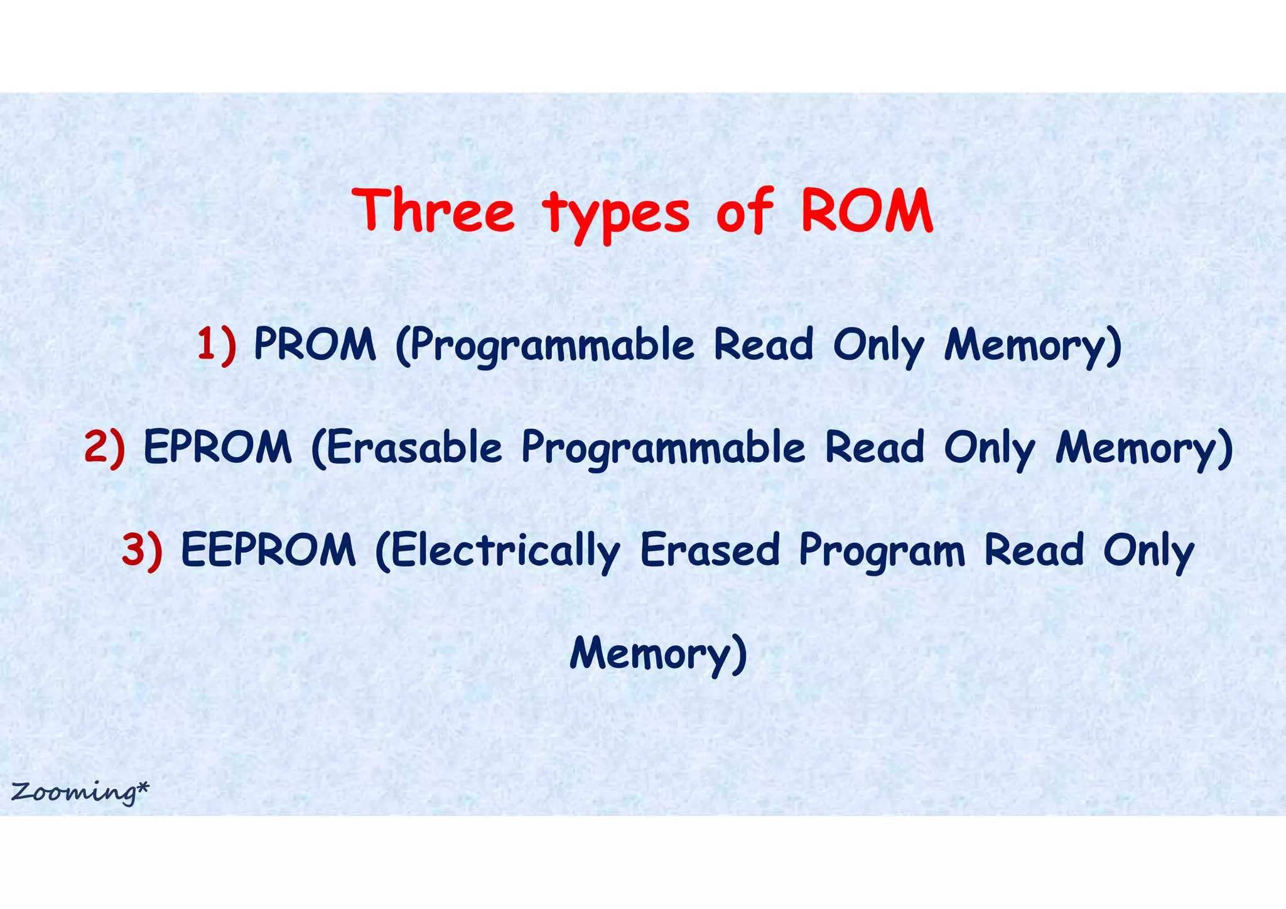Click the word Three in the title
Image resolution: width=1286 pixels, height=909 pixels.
[434, 211]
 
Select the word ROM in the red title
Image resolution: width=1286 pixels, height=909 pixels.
[867, 211]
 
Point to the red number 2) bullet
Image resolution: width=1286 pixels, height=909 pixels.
[104, 448]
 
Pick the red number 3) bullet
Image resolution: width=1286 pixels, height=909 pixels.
[142, 550]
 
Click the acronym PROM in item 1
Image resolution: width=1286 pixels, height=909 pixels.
[315, 345]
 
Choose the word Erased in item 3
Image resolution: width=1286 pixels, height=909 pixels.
[710, 550]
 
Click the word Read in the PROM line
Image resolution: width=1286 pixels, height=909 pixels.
[764, 345]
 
